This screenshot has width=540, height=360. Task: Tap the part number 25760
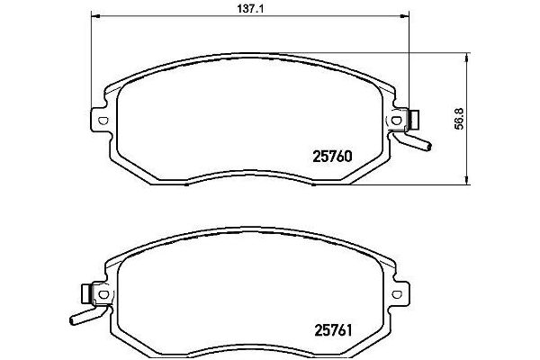(330, 154)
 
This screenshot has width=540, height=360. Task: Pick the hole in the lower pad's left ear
(103, 293)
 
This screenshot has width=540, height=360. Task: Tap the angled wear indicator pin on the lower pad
(82, 315)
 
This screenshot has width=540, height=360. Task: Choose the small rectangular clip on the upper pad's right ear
(415, 118)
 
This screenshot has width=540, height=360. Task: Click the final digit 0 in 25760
(346, 154)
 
